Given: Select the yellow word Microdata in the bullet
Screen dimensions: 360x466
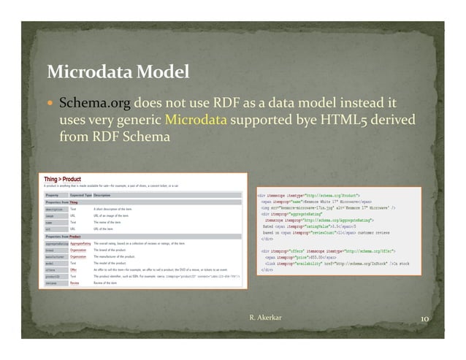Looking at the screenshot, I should coord(196,119).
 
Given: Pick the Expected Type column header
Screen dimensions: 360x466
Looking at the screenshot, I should coord(80,195).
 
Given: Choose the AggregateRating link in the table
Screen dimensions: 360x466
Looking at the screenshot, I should coord(80,242).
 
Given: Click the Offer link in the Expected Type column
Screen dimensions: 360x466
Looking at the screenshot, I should coord(73,269).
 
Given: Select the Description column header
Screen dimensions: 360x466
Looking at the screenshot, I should coord(102,195).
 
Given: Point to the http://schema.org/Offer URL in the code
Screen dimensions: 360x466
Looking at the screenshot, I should coord(381,252).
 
